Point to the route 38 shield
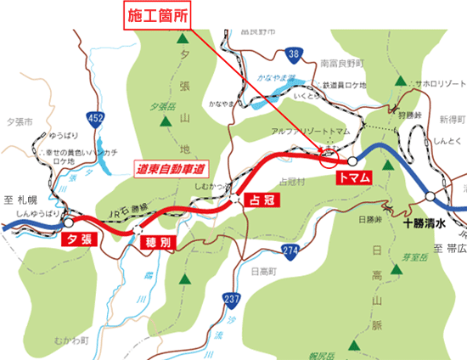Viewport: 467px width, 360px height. click(x=293, y=55)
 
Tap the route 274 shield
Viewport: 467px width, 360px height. click(x=290, y=249)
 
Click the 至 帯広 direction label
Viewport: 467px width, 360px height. click(x=447, y=248)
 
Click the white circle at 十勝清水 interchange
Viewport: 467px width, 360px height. click(x=431, y=197)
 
